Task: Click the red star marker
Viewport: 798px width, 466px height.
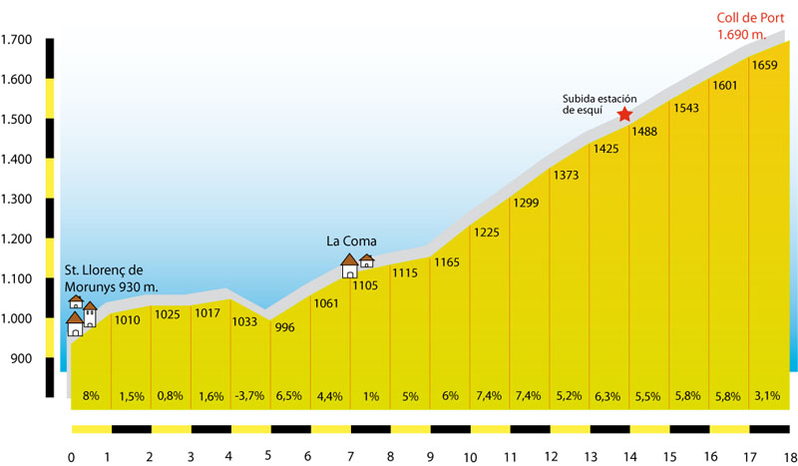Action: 625,114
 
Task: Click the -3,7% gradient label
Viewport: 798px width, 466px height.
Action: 249,396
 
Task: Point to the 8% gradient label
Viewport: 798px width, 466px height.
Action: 91,396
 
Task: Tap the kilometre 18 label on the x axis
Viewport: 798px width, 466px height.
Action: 789,457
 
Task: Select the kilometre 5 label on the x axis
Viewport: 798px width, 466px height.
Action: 269,457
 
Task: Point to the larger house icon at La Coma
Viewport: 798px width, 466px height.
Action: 349,266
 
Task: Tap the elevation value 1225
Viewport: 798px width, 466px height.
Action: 486,233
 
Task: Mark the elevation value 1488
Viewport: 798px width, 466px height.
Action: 644,132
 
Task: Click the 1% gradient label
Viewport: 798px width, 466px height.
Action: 371,396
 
